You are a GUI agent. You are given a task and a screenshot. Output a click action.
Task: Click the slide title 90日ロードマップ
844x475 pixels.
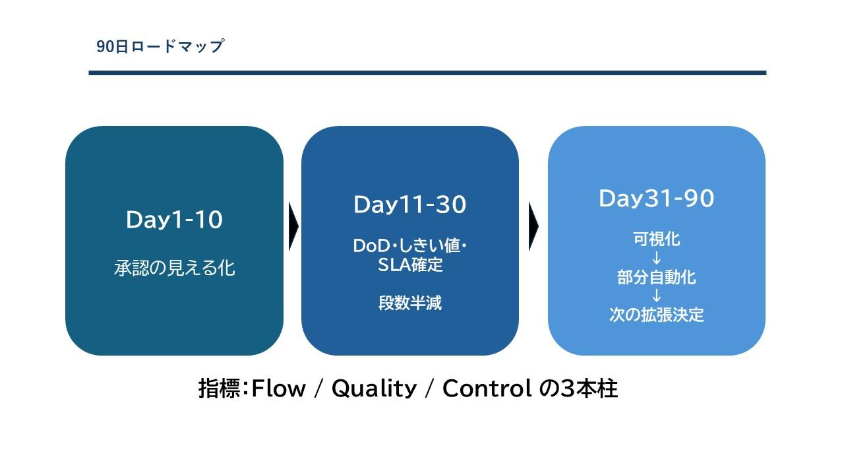point(160,46)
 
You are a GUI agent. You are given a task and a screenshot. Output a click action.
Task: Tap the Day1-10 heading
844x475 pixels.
point(175,220)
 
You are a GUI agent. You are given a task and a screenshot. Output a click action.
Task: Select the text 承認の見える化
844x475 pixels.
point(175,268)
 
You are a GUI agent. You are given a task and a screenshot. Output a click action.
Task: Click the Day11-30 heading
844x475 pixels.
point(410,205)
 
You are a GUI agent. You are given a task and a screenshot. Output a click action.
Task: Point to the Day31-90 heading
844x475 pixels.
point(656,199)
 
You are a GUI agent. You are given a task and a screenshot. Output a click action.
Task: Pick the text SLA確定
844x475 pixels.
point(410,265)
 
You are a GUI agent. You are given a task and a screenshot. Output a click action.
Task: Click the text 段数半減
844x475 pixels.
point(410,303)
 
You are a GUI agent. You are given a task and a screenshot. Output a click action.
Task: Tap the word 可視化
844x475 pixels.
point(656,239)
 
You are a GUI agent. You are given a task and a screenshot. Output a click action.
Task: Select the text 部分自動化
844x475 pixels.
point(656,277)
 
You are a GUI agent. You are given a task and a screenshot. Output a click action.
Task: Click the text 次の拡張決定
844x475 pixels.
point(656,315)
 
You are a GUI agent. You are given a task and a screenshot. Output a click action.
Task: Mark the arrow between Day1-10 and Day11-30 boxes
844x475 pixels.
point(293,226)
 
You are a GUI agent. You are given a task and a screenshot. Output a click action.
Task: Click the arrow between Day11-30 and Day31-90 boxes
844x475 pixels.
point(533,226)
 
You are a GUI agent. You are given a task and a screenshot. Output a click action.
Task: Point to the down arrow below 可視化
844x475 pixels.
point(656,258)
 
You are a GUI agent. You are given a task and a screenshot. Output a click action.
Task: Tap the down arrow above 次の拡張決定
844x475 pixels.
point(656,296)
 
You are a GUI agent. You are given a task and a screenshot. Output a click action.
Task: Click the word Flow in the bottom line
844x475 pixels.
point(278,389)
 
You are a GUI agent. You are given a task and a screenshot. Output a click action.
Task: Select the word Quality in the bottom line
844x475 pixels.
point(374,389)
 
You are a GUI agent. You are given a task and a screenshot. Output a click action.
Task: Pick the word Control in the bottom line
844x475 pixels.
point(487,389)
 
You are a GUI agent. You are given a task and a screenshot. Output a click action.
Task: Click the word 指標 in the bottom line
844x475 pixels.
point(220,389)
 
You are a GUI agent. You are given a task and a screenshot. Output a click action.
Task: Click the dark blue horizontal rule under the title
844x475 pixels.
point(427,73)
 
